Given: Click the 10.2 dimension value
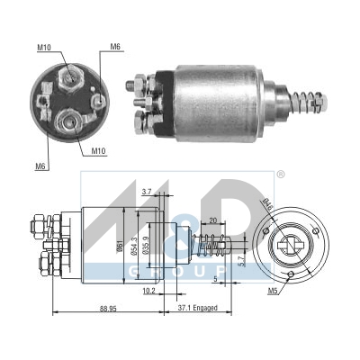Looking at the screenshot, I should coord(148,291).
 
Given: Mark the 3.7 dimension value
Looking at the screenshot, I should coord(147,191).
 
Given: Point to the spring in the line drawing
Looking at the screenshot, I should coord(210,244).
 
